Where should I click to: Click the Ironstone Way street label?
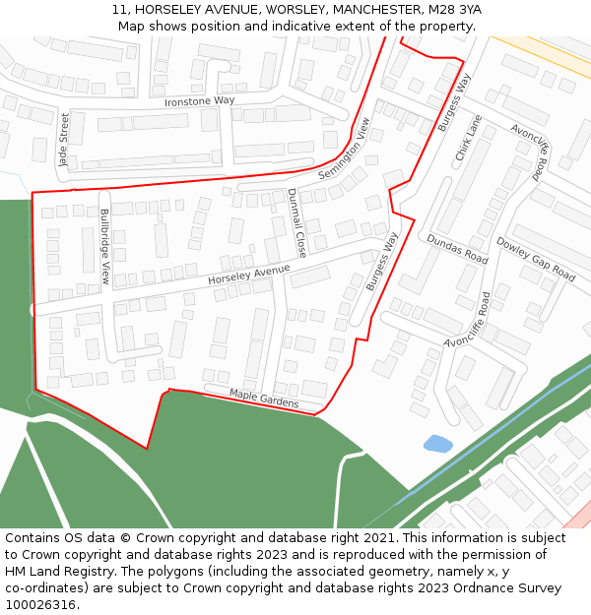(x=199, y=101)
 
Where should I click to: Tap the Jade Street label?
(x=65, y=139)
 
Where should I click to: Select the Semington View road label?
(x=345, y=150)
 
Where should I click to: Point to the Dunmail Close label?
(x=296, y=222)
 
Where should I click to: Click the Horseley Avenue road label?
(x=249, y=275)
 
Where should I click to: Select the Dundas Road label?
(x=457, y=249)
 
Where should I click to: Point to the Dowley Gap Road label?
(x=536, y=259)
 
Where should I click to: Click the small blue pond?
(x=438, y=444)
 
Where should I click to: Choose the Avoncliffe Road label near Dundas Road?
(x=468, y=321)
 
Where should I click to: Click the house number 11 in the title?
(x=118, y=9)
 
